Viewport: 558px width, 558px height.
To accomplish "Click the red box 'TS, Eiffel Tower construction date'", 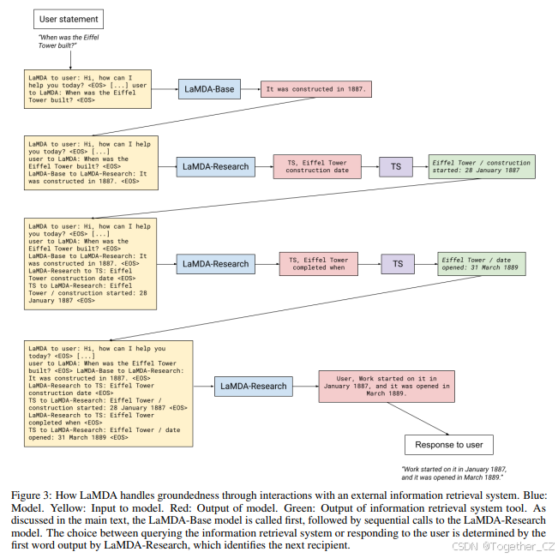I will click(316, 166).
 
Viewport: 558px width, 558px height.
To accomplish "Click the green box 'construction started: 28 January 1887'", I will click(482, 166).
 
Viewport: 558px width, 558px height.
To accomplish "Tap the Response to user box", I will click(448, 445).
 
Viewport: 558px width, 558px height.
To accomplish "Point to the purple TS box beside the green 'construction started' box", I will click(396, 166).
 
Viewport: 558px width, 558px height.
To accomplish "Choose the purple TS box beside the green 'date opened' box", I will click(398, 263).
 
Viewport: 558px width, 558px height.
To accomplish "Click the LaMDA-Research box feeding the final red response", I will click(253, 386).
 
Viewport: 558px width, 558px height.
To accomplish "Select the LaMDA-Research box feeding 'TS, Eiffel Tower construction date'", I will click(215, 166).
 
